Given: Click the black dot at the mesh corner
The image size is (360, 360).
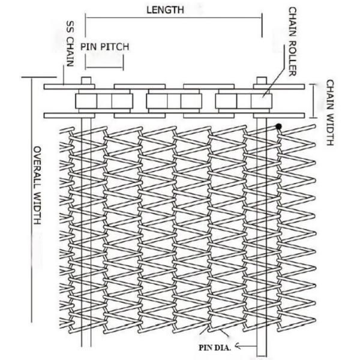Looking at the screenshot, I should [x=279, y=127].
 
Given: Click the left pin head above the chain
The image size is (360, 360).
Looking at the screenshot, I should [x=86, y=82].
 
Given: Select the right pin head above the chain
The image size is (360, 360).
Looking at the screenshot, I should [x=262, y=82].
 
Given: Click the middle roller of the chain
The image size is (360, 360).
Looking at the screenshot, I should [x=167, y=100].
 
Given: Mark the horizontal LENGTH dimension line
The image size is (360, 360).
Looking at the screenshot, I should [x=174, y=18].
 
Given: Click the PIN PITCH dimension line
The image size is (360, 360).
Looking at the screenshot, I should [x=104, y=54].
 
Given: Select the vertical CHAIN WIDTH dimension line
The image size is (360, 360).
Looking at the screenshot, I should [x=314, y=100].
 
